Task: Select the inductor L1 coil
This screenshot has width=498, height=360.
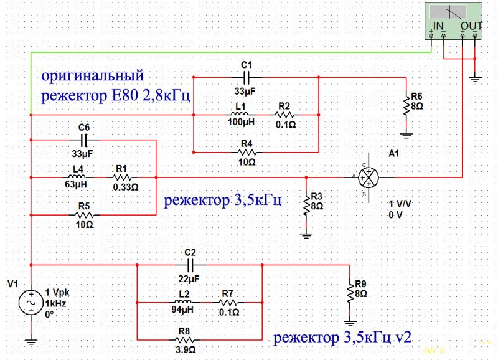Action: [240, 115]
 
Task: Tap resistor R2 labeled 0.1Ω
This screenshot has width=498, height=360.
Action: [284, 115]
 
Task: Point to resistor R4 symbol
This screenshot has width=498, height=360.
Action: [247, 152]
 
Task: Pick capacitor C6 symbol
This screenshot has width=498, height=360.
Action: [85, 140]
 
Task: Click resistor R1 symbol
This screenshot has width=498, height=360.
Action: [121, 177]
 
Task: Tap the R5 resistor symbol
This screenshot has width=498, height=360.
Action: [85, 214]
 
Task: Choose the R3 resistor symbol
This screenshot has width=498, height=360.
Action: [306, 206]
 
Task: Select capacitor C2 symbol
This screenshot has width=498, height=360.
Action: [190, 265]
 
